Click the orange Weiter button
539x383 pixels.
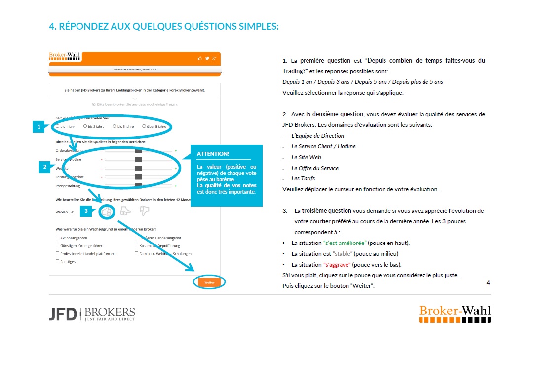coord(209,282)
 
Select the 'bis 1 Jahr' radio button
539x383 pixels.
coord(57,126)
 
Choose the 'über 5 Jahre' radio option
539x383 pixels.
coord(144,126)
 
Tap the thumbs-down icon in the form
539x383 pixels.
coord(144,211)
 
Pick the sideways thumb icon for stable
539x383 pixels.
coord(126,211)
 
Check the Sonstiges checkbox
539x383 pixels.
coord(58,261)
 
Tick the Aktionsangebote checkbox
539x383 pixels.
coord(58,238)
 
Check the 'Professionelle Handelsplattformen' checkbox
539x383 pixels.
coord(58,253)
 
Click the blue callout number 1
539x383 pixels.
coord(39,127)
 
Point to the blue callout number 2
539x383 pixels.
coord(45,167)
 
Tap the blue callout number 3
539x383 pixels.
coord(86,211)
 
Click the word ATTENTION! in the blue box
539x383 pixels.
coord(213,154)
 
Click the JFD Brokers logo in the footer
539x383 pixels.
coord(92,313)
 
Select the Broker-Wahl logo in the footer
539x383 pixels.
coord(455,314)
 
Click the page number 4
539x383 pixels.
coord(488,283)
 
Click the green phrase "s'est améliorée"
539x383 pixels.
coord(345,243)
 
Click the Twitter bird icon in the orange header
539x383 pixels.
coord(207,58)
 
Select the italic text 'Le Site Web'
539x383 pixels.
coord(306,157)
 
